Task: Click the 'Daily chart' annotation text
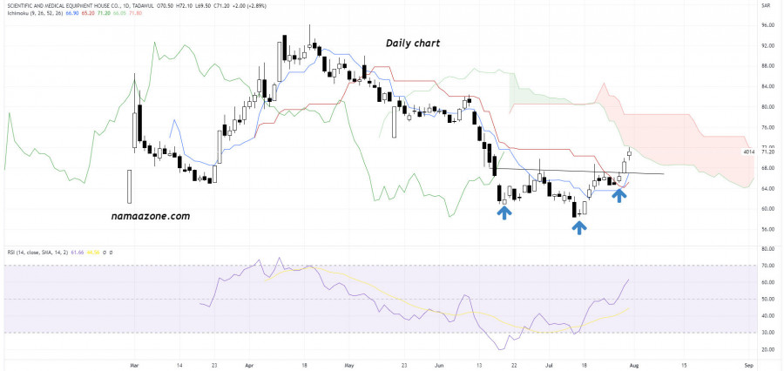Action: coord(414,43)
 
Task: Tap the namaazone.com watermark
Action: coord(150,216)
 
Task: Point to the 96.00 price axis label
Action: coord(768,24)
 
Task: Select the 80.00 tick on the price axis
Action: coord(768,107)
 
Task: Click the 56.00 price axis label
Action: coord(768,230)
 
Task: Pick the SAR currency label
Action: coord(767,6)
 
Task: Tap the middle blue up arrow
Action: coord(578,226)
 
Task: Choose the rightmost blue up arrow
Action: coord(618,195)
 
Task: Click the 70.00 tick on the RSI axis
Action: coord(768,265)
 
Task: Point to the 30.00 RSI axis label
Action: coord(768,333)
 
